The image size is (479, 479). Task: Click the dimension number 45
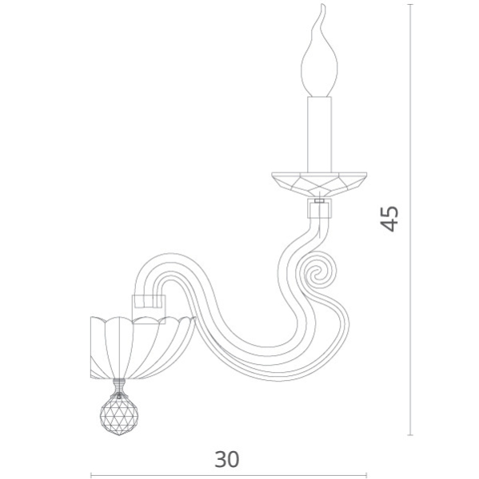click(389, 218)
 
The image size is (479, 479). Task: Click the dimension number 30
click(226, 459)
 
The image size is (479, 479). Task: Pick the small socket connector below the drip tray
click(319, 210)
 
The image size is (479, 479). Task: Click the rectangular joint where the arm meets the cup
click(149, 303)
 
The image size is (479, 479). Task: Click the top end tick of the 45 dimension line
click(411, 5)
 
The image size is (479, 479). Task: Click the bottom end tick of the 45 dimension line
click(411, 435)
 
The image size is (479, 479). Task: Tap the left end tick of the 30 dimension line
click(90, 476)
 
